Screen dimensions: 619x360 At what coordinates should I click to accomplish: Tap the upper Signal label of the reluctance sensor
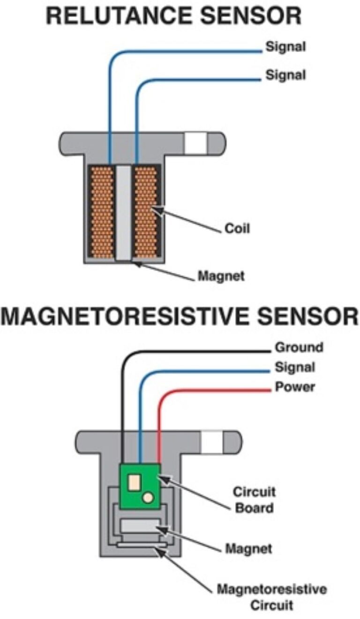[x=285, y=47]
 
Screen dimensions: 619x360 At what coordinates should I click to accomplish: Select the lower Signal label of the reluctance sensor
[x=285, y=75]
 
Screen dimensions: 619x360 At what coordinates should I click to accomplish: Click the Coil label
[x=237, y=229]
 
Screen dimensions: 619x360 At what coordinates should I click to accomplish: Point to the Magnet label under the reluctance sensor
[x=221, y=276]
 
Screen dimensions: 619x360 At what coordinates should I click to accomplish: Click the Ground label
[x=299, y=347]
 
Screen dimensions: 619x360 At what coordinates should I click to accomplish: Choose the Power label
[x=294, y=388]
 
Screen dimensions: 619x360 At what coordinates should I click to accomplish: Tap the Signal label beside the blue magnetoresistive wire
[x=294, y=367]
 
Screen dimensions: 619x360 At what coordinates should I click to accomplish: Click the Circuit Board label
[x=255, y=500]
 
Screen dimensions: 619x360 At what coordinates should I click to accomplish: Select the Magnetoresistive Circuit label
[x=271, y=596]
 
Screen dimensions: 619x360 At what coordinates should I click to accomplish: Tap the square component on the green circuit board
[x=134, y=481]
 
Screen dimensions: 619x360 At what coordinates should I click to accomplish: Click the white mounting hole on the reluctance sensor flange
[x=195, y=142]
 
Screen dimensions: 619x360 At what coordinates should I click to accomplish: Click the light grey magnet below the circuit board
[x=140, y=526]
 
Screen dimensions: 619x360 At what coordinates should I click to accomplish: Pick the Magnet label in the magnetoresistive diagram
[x=248, y=548]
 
